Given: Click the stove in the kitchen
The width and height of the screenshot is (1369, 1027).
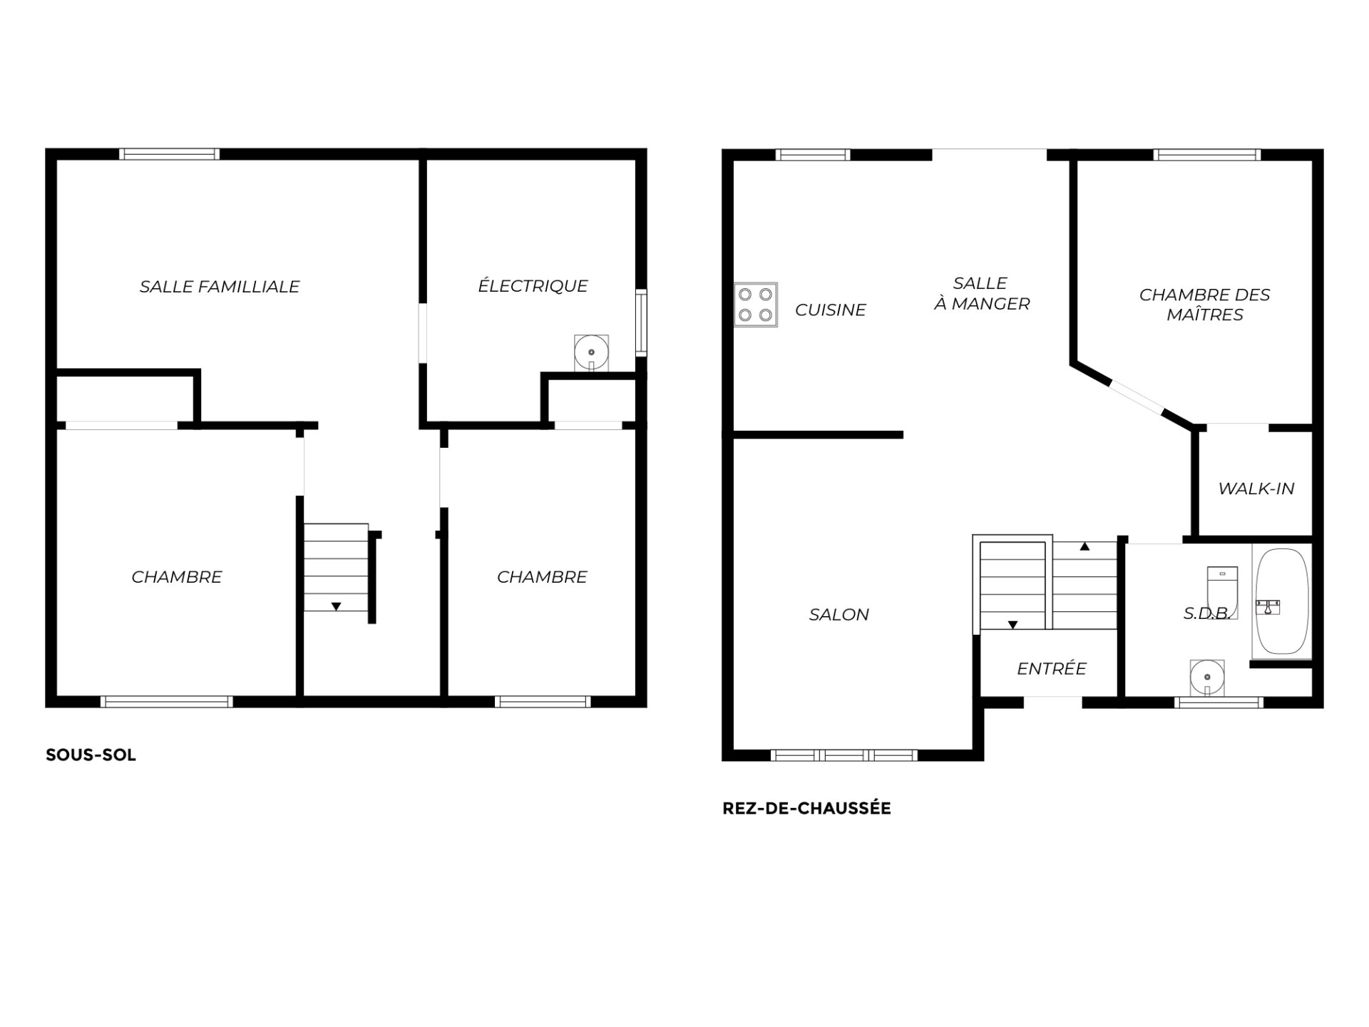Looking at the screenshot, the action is tap(756, 305).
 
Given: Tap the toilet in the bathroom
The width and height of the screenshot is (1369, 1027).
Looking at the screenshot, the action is tap(1222, 592).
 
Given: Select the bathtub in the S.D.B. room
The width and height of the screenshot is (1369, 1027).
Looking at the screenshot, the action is tap(1281, 601).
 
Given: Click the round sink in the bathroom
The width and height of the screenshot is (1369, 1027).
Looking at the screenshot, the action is tap(1207, 677).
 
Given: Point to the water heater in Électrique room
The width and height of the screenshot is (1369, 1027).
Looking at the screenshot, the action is tap(592, 353).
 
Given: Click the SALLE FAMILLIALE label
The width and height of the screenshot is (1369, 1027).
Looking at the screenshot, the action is tap(220, 287).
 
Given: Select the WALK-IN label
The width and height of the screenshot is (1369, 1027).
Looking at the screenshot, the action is tap(1256, 489).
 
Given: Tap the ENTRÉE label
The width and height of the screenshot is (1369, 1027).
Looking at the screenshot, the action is tap(1052, 668).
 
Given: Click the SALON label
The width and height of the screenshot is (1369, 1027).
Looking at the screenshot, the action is tap(839, 615).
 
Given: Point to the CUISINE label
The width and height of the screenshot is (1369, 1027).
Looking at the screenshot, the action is tap(831, 310).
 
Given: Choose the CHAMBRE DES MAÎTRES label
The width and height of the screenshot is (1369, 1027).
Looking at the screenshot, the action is tap(1205, 305).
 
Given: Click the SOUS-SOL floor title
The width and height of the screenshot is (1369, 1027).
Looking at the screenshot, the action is tap(91, 755).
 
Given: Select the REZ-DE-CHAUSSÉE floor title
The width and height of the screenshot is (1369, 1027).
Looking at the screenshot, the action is tap(806, 808).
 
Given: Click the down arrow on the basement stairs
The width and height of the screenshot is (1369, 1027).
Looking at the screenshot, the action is tap(336, 607).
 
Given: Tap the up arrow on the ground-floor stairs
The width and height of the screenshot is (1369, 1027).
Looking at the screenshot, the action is tap(1085, 547).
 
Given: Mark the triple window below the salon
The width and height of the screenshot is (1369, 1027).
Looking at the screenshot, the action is tap(844, 755).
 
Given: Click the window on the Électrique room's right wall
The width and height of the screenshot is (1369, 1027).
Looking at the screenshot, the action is tap(641, 322).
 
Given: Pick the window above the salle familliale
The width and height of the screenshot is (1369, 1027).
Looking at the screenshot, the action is tap(169, 154).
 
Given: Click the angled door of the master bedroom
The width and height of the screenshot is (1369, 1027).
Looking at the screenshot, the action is tap(1137, 398).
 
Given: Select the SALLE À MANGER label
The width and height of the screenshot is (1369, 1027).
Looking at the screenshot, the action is tap(982, 294).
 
